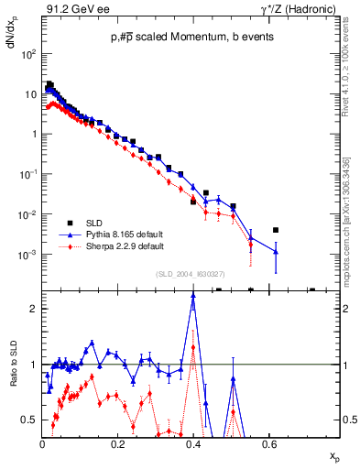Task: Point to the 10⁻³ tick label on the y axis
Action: [27, 255]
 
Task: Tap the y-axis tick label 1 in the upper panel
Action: [33, 134]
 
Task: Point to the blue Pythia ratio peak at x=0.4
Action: [193, 297]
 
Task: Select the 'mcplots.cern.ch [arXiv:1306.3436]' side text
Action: [352, 220]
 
